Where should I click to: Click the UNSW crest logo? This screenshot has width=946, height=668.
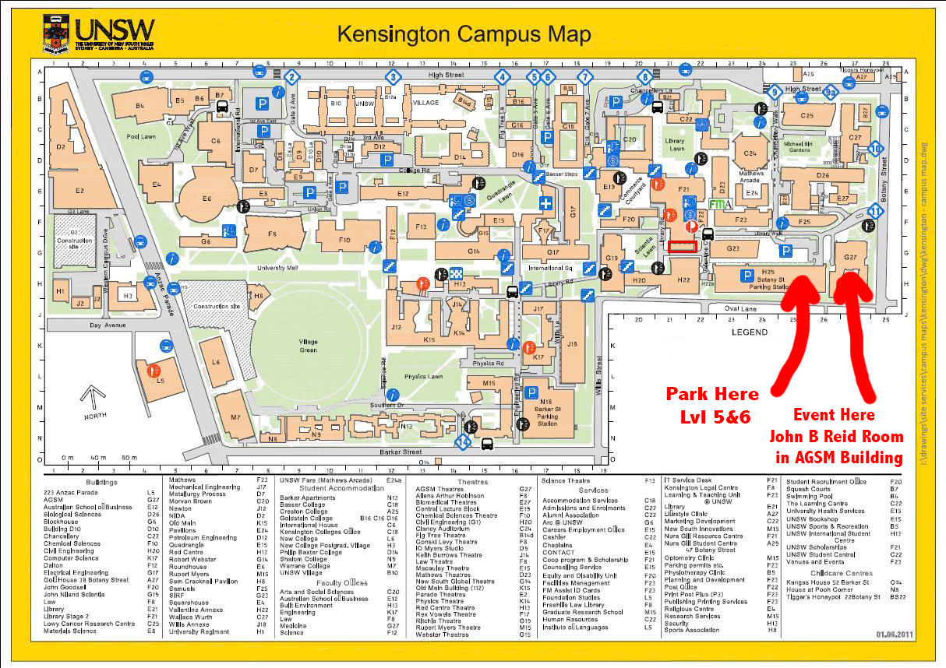point(57,33)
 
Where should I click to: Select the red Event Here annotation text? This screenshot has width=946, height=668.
point(834,415)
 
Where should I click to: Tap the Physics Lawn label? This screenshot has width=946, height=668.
point(423,377)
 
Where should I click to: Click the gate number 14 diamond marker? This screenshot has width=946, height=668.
point(464,443)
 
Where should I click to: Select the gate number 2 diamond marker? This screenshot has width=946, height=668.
point(291,77)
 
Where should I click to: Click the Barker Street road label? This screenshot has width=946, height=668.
point(400,452)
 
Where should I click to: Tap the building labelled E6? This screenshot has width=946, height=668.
point(206,199)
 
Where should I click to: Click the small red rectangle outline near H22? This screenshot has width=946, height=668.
point(682,247)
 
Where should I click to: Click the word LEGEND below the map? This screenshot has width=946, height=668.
point(749,332)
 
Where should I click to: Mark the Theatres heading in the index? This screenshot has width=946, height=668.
point(473,482)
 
